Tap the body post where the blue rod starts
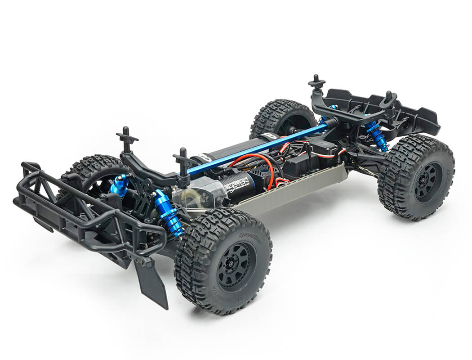[183, 164]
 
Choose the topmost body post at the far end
[316, 82]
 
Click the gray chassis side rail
[292, 189]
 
